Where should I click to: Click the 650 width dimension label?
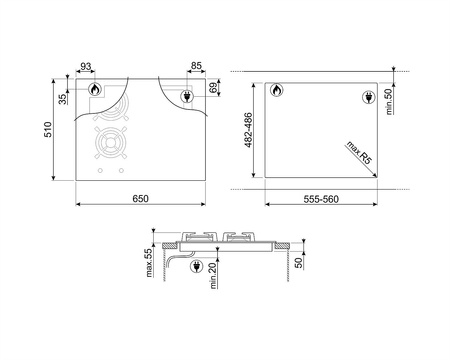coord(140,199)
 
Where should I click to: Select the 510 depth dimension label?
coord(48,129)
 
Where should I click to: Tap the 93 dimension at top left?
coord(86,66)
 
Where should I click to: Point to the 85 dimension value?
coord(196,66)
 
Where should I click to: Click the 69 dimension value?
coord(213,87)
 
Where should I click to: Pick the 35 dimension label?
coord(63,99)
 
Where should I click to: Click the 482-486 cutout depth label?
coord(249,130)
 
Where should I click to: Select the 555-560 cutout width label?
coord(321,199)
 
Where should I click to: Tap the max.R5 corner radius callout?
coord(358,152)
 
